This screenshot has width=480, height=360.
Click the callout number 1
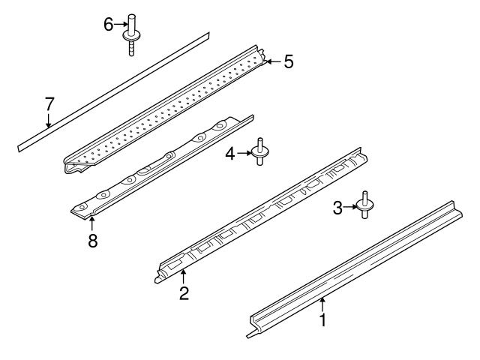click(322, 320)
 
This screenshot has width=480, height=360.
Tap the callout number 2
click(184, 293)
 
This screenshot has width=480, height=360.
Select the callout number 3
click(337, 208)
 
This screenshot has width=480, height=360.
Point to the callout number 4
click(230, 154)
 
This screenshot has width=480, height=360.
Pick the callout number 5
click(289, 61)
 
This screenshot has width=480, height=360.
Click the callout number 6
click(108, 25)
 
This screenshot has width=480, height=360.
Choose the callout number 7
click(49, 104)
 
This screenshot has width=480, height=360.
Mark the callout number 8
click(92, 240)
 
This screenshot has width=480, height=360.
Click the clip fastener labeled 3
click(364, 205)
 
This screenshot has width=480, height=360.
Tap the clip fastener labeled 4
click(260, 151)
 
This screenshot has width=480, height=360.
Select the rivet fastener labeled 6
click(131, 35)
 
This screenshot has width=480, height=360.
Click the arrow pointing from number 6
click(121, 25)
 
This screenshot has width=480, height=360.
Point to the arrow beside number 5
click(273, 61)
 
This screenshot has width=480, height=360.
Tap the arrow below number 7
click(48, 121)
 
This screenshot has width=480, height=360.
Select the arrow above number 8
click(91, 223)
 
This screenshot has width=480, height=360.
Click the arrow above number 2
click(183, 276)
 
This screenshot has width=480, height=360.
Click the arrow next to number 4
click(244, 153)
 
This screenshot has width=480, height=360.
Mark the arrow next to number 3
click(350, 207)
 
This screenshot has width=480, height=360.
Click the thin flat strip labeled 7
click(113, 91)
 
